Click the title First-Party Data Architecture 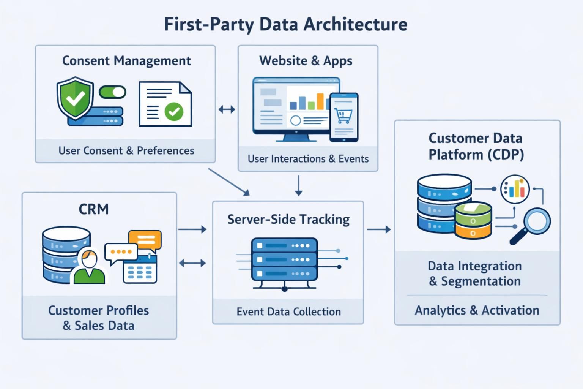tap(285, 24)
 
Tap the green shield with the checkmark tap(75, 98)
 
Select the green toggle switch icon tap(112, 92)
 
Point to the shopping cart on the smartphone tap(343, 115)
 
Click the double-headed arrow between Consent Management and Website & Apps tap(227, 110)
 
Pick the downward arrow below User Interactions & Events tap(299, 185)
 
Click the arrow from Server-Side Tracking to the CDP tap(378, 229)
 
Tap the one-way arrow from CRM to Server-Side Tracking tap(192, 229)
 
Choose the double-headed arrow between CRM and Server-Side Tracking tap(192, 263)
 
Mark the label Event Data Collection tap(288, 312)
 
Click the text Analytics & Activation tap(477, 310)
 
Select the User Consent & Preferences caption tap(126, 151)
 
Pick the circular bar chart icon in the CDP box tap(515, 189)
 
